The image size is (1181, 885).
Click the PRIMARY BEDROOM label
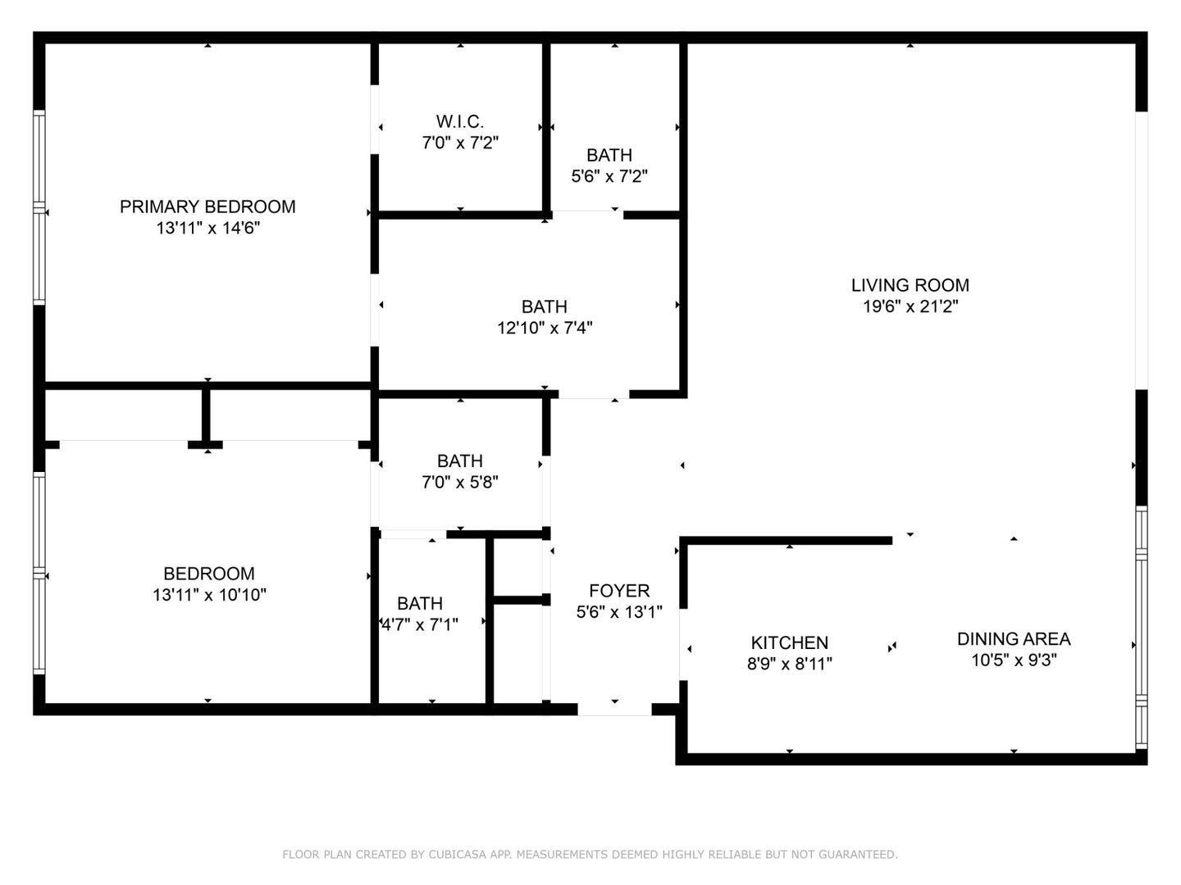tap(207, 206)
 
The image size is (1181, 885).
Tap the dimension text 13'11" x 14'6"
tap(207, 228)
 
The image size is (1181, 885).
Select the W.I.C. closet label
tap(459, 121)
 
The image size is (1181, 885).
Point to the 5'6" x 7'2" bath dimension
tap(609, 176)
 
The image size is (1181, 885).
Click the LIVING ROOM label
tap(910, 285)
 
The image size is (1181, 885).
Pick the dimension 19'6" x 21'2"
tap(910, 306)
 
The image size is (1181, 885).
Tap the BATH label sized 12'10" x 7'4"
tap(545, 306)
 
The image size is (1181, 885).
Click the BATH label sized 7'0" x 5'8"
tap(459, 461)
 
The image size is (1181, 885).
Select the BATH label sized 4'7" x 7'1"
tap(420, 604)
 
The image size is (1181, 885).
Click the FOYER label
tap(619, 591)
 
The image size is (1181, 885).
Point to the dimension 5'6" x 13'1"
tap(619, 612)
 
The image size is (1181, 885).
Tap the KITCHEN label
tap(789, 642)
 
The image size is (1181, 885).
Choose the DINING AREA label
tap(1014, 638)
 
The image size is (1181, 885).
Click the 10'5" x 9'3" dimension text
tap(1014, 660)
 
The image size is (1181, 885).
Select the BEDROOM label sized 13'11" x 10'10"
tap(208, 574)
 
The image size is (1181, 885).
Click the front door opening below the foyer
tap(615, 710)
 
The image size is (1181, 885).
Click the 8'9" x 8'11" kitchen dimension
tap(789, 664)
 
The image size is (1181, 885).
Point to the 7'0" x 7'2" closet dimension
tap(459, 143)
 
